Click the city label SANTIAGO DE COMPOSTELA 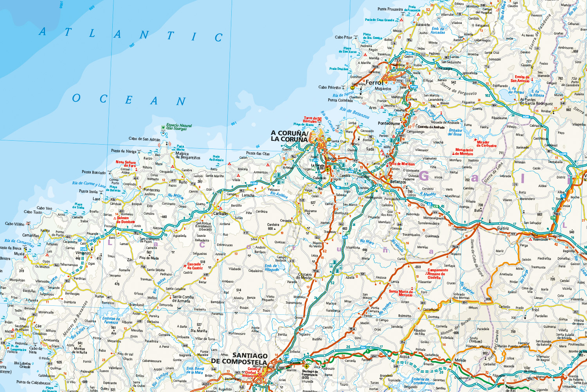coord(239,358)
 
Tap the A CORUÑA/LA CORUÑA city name coord(289,136)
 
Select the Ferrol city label coord(375,82)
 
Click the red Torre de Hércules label coord(310,120)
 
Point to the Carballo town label coord(220,214)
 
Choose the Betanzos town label coord(398,181)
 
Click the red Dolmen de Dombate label coord(125,220)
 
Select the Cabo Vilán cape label coord(14,224)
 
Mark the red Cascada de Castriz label coord(195,266)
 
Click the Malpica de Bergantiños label coord(187,156)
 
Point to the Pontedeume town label coord(389,123)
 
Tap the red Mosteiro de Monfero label coord(464,152)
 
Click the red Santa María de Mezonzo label coord(401,293)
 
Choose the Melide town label coord(460,360)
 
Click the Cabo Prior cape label coord(344,37)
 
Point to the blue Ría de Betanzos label coord(354,113)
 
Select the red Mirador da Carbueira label coord(486,144)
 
